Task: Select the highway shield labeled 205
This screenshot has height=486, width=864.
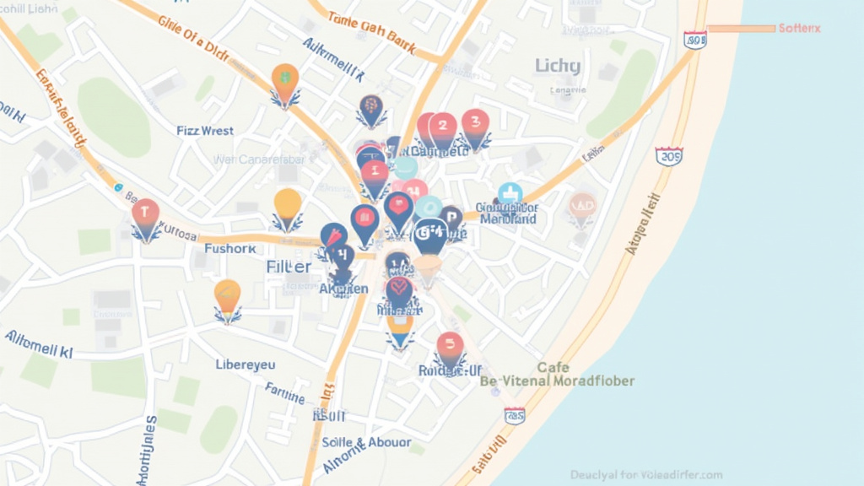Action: [x=669, y=156]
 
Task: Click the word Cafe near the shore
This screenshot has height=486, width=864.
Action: [x=553, y=368]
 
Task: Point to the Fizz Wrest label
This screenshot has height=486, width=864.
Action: [x=205, y=131]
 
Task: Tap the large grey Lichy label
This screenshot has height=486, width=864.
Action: [x=558, y=65]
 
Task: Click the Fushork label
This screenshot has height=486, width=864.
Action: [x=229, y=249]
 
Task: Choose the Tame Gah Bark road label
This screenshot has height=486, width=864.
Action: [x=370, y=31]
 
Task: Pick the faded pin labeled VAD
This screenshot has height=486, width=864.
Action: [x=582, y=205]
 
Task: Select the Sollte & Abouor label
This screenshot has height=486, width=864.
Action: [x=366, y=442]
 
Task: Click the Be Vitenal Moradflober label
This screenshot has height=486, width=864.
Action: [x=557, y=381]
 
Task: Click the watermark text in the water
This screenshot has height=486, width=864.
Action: [x=646, y=475]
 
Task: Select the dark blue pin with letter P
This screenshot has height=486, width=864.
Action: [x=451, y=217]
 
